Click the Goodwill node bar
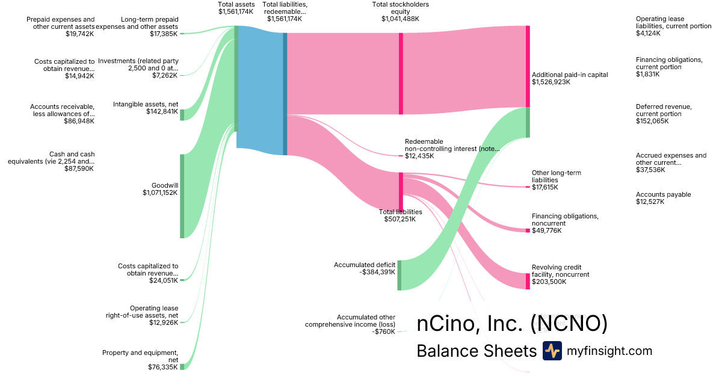[x=182, y=196]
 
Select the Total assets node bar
[x=236, y=78]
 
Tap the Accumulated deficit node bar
[x=399, y=276]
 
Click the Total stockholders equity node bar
[x=401, y=73]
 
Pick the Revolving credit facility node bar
[x=528, y=282]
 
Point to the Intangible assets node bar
[x=182, y=115]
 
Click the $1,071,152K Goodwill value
[x=160, y=193]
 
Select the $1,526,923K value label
[x=551, y=82]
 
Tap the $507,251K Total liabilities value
[x=400, y=219]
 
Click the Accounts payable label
[x=663, y=194]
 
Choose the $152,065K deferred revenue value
[x=652, y=121]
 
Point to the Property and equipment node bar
[x=182, y=366]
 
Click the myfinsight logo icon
[x=552, y=351]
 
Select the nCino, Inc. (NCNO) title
[x=512, y=324]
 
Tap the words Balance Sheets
[x=476, y=351]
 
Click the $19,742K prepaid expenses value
[x=80, y=34]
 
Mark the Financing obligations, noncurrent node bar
[x=528, y=230]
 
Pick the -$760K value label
[x=383, y=331]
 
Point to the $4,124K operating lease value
[x=648, y=33]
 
